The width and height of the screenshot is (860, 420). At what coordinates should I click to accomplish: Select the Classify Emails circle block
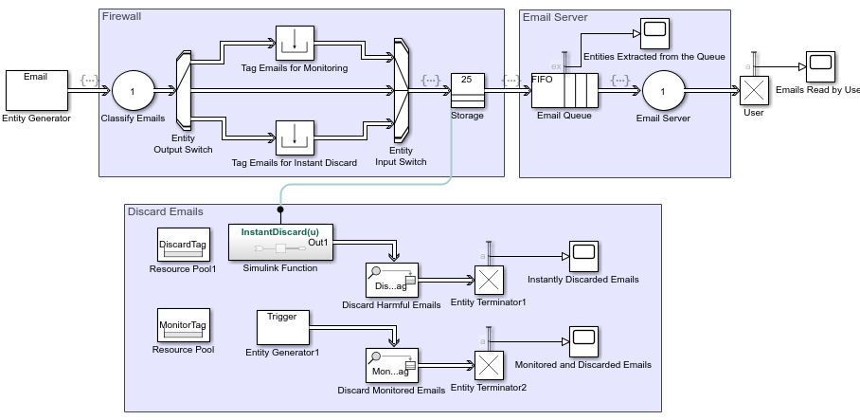pyautogui.click(x=133, y=92)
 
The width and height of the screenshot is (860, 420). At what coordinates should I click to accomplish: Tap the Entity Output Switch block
pyautogui.click(x=184, y=92)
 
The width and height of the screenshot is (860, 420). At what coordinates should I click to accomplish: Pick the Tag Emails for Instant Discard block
pyautogui.click(x=294, y=137)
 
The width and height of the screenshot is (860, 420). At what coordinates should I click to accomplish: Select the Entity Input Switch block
pyautogui.click(x=401, y=92)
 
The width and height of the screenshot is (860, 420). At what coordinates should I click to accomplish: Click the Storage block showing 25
pyautogui.click(x=467, y=91)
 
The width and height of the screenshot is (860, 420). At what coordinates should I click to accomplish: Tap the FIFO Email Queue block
pyautogui.click(x=564, y=91)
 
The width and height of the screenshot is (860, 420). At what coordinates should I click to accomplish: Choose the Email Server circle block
pyautogui.click(x=663, y=92)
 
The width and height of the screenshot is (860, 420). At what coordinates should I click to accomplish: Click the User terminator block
pyautogui.click(x=754, y=91)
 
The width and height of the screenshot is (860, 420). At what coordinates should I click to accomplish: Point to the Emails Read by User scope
pyautogui.click(x=820, y=65)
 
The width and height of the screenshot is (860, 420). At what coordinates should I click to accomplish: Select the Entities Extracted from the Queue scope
pyautogui.click(x=654, y=33)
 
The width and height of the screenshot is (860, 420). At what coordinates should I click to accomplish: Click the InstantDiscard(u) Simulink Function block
pyautogui.click(x=281, y=245)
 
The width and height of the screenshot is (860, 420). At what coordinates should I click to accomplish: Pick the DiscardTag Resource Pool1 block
pyautogui.click(x=182, y=245)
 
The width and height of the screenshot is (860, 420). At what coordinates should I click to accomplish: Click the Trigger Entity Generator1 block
pyautogui.click(x=282, y=328)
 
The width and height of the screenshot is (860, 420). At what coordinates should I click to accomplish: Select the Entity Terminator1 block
pyautogui.click(x=489, y=280)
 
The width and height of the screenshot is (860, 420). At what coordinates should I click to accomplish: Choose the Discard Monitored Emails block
pyautogui.click(x=391, y=365)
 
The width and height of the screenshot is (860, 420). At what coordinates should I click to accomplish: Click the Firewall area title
pyautogui.click(x=122, y=17)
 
